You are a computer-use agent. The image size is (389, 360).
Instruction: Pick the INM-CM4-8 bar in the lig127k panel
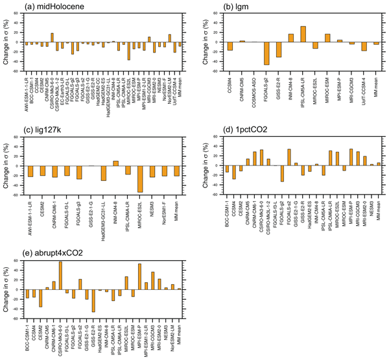115,163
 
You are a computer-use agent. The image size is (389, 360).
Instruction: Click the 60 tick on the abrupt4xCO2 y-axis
18,261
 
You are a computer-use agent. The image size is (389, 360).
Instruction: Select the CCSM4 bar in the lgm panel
230,46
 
